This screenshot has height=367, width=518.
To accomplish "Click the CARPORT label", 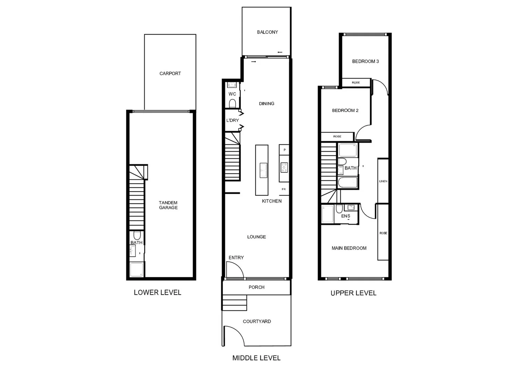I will coord(170,73).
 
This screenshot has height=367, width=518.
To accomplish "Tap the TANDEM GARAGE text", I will coord(168,205).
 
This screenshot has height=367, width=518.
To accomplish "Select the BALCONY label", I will coord(267,32).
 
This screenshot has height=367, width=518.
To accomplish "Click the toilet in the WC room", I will coord(232,103).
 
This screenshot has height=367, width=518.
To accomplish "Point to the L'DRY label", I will coord(232,120).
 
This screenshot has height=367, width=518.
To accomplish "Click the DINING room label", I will coord(266,104).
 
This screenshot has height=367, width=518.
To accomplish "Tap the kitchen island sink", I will coord(263,170).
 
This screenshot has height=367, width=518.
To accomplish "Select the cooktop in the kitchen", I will coord(284,167).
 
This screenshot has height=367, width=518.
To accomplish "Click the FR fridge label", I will coord(284,189).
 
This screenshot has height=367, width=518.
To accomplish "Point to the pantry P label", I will coord(284,150).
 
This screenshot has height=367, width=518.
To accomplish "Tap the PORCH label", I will coord(256,287).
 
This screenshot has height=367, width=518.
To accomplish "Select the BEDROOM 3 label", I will coord(365,62).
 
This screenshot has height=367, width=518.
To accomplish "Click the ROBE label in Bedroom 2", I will coord(337,137).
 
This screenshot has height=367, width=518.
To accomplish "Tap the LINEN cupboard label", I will coord(383,181).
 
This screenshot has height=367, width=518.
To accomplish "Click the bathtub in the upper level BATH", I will coord(348,182).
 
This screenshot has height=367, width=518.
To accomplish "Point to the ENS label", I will coord(345,216).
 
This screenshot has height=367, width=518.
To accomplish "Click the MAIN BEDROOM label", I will coord(349,248).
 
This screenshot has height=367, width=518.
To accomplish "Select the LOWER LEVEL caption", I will coord(157,293).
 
